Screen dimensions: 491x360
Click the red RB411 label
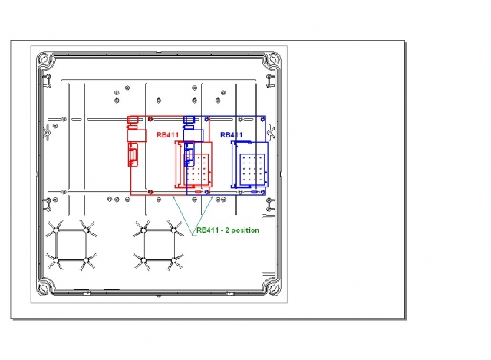click(x=167, y=135)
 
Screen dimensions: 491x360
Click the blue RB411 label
click(x=232, y=135)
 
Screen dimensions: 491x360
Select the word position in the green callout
click(x=245, y=230)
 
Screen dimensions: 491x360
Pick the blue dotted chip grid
click(x=252, y=169)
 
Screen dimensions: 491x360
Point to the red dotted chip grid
click(x=198, y=169)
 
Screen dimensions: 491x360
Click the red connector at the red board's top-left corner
click(x=133, y=120)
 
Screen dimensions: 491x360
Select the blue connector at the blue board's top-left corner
click(x=189, y=120)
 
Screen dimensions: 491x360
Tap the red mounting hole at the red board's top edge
click(x=150, y=120)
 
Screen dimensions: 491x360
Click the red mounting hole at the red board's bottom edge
click(x=150, y=192)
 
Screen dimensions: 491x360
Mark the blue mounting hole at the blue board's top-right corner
click(x=263, y=120)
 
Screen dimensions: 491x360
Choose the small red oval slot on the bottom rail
click(x=198, y=192)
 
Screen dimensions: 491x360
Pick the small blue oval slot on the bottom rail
click(x=255, y=192)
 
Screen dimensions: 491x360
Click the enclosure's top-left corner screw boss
click(x=43, y=59)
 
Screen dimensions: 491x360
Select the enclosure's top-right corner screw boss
click(x=274, y=58)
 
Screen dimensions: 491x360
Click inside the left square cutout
click(x=71, y=245)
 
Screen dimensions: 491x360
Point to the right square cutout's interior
click(x=159, y=245)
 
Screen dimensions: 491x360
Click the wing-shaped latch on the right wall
click(x=271, y=132)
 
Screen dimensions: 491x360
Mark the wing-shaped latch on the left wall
click(x=47, y=132)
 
